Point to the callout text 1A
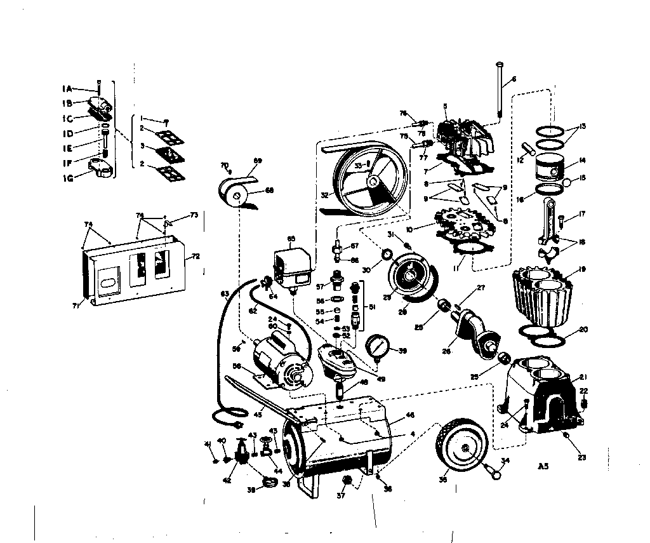click(68, 88)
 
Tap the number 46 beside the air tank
click(410, 415)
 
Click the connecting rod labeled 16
click(549, 225)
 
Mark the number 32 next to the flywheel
click(325, 195)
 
